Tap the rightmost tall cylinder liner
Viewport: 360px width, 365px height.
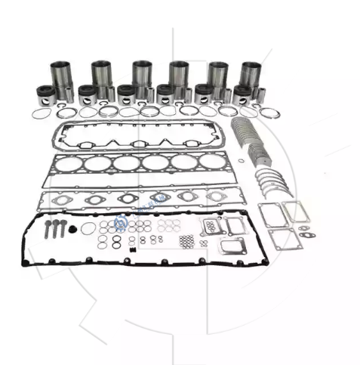tap(251, 73)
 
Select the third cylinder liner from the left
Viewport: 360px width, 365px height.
tap(141, 73)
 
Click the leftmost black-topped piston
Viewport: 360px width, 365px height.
tap(47, 95)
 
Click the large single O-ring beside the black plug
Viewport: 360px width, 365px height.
tap(89, 228)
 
